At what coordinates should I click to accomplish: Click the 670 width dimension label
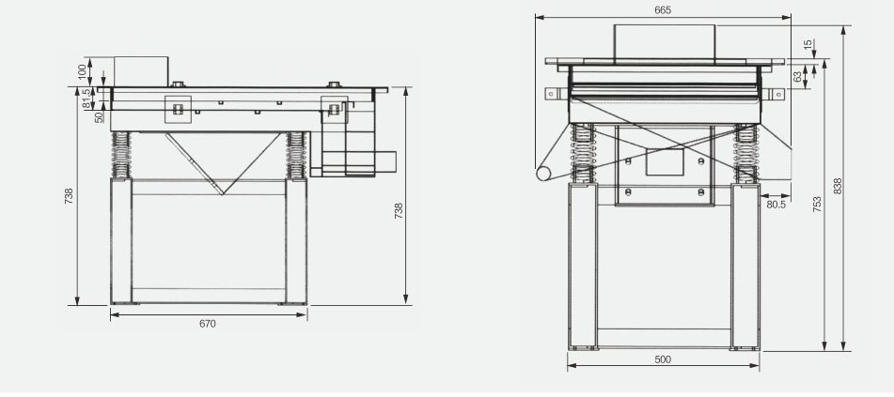coord(208,324)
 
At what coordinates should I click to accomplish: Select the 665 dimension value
coord(663,9)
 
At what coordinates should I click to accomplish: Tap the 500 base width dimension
coord(663,359)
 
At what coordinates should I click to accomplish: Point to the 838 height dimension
coord(838,186)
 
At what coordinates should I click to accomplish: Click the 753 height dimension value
coord(817,205)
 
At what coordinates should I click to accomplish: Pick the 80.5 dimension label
coord(776,205)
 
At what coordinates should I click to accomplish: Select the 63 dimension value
coord(797,77)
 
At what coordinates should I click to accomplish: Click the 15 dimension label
coord(808,44)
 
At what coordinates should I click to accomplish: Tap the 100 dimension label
coord(83,71)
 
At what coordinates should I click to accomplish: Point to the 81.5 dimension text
coord(86,98)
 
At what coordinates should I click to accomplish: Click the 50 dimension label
coord(100,117)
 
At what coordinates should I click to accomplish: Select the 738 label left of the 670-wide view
coord(69,196)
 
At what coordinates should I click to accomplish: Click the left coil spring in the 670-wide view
coord(121,155)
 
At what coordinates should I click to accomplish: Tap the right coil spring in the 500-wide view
coord(745,154)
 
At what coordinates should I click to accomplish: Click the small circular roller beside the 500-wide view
coord(543,174)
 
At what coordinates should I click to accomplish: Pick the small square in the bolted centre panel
coord(665,161)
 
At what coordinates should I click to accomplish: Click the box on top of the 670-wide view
coord(141,71)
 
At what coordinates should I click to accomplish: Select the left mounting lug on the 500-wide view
coord(551,94)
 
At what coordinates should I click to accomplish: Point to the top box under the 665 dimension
coord(665,41)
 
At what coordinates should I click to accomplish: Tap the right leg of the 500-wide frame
coord(745,266)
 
